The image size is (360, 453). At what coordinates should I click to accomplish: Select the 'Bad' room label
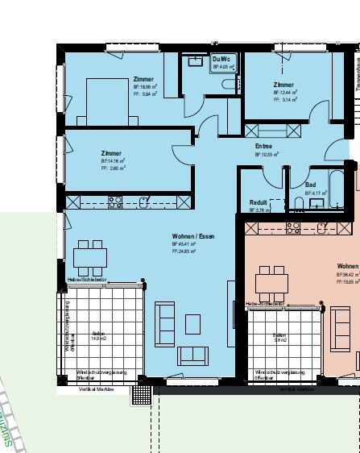(310, 185)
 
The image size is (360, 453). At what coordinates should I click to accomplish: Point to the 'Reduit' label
(258, 202)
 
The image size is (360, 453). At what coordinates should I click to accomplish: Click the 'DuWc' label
(221, 60)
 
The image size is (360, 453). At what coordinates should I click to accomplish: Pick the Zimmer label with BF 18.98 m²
(143, 79)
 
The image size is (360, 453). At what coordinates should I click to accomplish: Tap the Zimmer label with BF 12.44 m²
(283, 85)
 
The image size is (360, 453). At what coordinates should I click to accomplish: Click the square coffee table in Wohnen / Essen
(192, 323)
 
